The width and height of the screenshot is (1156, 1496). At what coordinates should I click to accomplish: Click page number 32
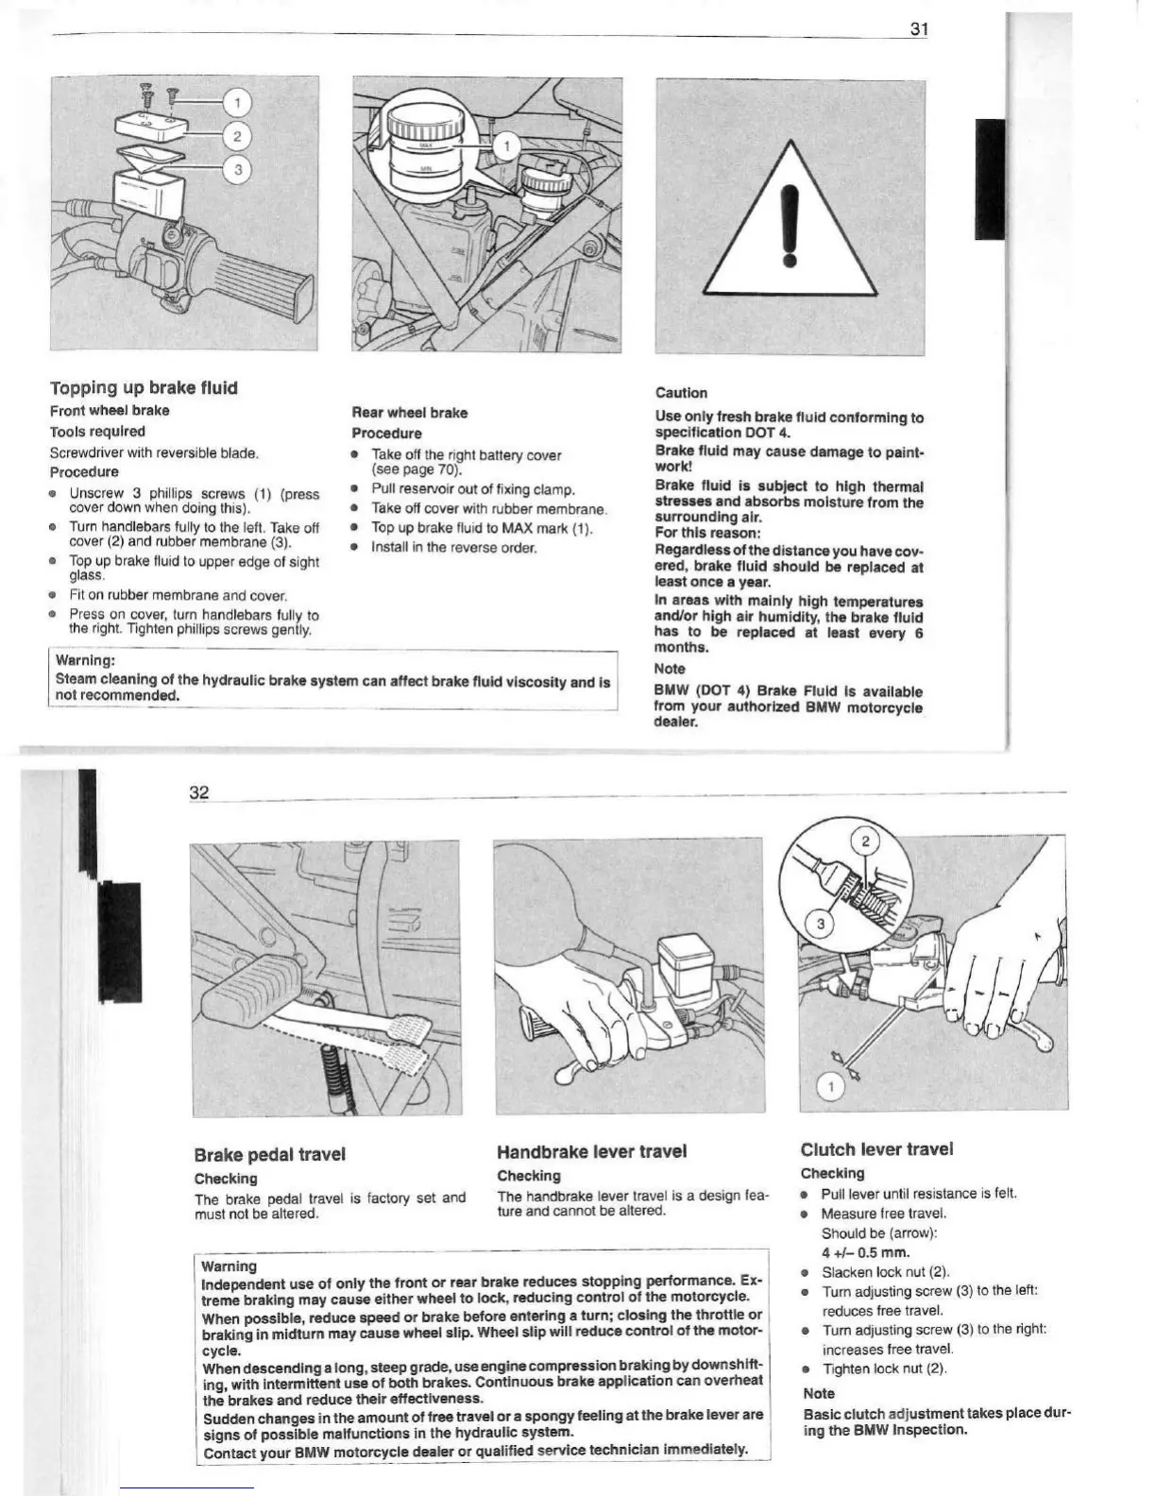click(199, 791)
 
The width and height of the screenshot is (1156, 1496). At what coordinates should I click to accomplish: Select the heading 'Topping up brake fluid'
click(144, 387)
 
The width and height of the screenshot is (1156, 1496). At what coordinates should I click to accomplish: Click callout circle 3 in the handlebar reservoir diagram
click(238, 170)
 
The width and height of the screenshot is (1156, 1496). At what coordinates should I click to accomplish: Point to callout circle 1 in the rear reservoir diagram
click(506, 145)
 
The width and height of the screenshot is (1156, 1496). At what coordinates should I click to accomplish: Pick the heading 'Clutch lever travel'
click(876, 1148)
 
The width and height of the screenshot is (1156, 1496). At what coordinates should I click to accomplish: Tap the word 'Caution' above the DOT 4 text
click(681, 393)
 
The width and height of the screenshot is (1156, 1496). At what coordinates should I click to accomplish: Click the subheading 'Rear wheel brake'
click(409, 413)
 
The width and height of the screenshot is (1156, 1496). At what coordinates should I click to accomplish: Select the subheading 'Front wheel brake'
click(110, 410)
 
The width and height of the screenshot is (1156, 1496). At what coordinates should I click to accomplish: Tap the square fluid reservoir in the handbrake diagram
click(688, 964)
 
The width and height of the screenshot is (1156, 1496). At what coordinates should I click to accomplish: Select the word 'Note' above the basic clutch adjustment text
click(818, 1393)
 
